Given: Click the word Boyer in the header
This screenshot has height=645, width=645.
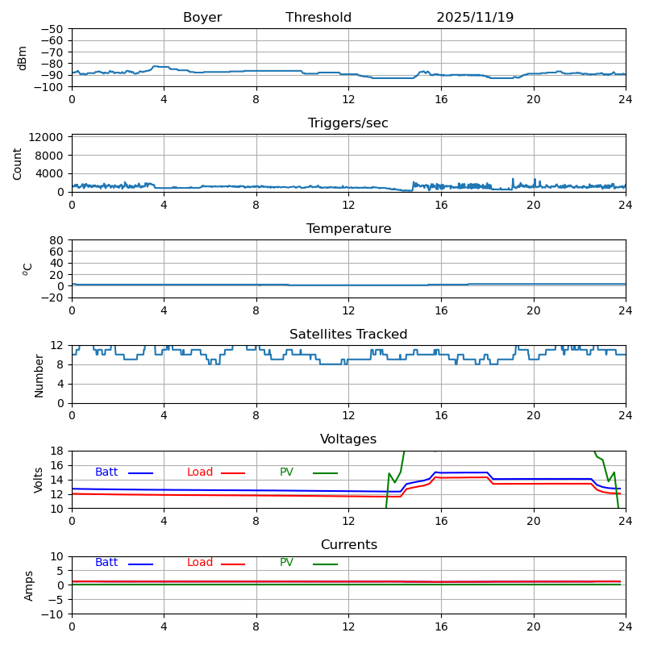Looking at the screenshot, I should coord(202,18).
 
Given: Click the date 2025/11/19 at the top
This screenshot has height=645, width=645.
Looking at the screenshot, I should coord(475,18).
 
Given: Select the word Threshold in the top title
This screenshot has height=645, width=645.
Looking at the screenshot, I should coord(318,18).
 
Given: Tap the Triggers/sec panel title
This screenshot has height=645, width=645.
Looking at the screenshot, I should coord(348,123).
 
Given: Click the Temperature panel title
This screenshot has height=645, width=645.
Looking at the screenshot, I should coord(348,229).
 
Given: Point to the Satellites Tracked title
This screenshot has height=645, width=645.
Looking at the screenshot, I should coord(348,335).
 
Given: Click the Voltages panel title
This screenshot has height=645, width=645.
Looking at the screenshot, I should coord(348,439).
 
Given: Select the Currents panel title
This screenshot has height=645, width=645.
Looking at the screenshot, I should coord(348,545).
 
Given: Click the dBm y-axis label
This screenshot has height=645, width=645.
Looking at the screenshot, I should coord(23,57).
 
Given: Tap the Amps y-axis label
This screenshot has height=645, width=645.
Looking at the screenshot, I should coord(29,585).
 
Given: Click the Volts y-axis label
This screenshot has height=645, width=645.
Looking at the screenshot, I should coord(39,480).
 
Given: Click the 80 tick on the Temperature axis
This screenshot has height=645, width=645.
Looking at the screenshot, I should coord(56,240).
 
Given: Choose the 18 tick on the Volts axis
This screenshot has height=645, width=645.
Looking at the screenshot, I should coord(58,451).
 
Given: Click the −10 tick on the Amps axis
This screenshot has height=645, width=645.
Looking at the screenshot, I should coord(53,614).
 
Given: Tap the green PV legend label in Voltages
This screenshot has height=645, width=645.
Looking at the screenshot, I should coord(286,472).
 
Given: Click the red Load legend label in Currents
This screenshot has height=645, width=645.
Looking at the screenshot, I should coord(200,563).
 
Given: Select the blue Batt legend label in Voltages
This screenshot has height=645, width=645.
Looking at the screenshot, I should coord(106,472).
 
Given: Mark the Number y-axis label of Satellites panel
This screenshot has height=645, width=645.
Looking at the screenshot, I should coord(39,375).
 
